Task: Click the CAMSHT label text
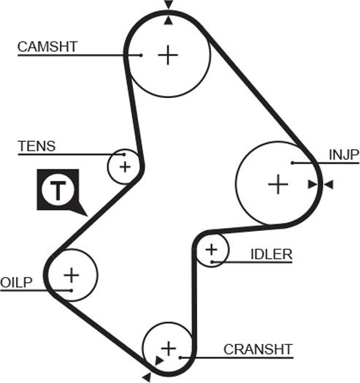pyautogui.click(x=47, y=46)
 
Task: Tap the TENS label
pyautogui.click(x=37, y=146)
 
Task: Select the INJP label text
pyautogui.click(x=344, y=155)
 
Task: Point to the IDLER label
pyautogui.click(x=272, y=254)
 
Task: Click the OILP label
pyautogui.click(x=16, y=282)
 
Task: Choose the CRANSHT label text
pyautogui.click(x=258, y=349)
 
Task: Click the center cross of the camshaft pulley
pyautogui.click(x=168, y=56)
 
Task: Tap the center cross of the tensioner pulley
pyautogui.click(x=125, y=167)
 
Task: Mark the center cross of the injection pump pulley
pyautogui.click(x=278, y=184)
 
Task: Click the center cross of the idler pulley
pyautogui.click(x=211, y=250)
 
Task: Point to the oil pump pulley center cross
pyautogui.click(x=72, y=275)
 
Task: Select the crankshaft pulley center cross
pyautogui.click(x=169, y=349)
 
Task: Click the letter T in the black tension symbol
pyautogui.click(x=58, y=190)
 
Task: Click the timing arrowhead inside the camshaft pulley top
pyautogui.click(x=169, y=20)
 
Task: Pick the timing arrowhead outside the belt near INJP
pyautogui.click(x=329, y=184)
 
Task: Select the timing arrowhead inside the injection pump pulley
pyautogui.click(x=313, y=184)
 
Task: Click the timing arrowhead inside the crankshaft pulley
pyautogui.click(x=159, y=360)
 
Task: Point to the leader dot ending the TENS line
pyautogui.click(x=124, y=154)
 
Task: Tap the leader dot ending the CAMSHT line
pyautogui.click(x=141, y=56)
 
